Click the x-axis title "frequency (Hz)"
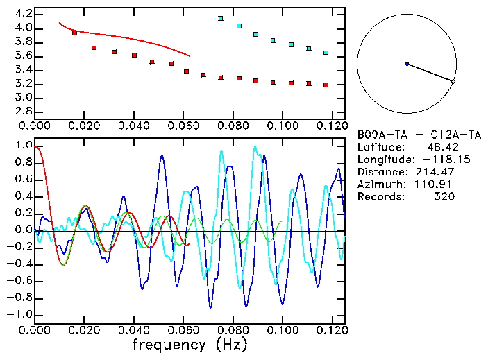point(189,344)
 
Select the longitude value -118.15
point(434,160)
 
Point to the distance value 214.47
point(437,172)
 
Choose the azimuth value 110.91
point(437,185)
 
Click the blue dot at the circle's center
point(407,64)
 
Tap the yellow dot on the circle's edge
point(453,82)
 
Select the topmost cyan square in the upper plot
point(221,18)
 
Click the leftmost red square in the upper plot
point(75,33)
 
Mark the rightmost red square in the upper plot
point(326,85)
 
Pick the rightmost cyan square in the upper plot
point(326,52)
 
